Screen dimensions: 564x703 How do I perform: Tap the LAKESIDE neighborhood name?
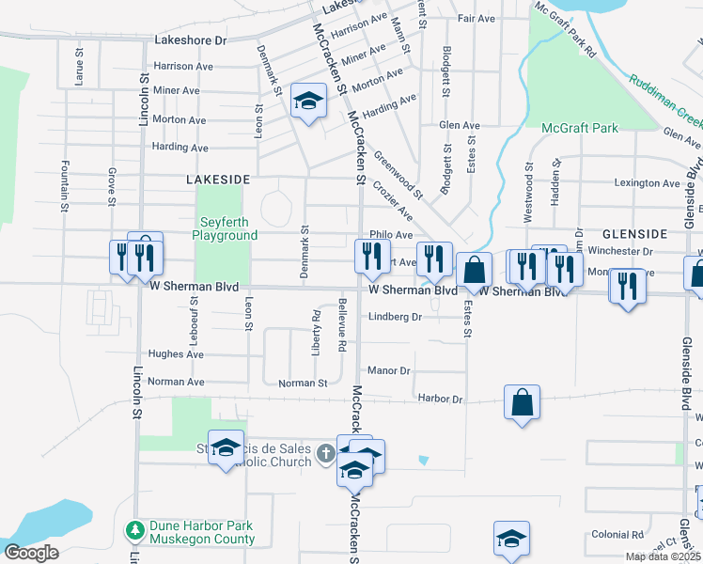pyautogui.click(x=218, y=179)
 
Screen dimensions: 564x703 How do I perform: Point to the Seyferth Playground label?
pyautogui.click(x=225, y=229)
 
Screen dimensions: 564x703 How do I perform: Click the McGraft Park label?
pyautogui.click(x=580, y=127)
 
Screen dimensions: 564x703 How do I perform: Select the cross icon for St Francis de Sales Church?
pyautogui.click(x=325, y=454)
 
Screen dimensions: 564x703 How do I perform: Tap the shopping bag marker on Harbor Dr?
pyautogui.click(x=522, y=403)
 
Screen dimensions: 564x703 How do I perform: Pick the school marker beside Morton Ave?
pyautogui.click(x=307, y=101)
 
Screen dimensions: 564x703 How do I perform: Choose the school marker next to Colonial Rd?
pyautogui.click(x=511, y=539)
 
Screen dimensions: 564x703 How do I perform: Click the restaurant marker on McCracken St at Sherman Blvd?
pyautogui.click(x=371, y=256)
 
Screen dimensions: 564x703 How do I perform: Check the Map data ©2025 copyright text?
pyautogui.click(x=664, y=556)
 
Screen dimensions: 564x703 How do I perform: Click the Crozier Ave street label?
pyautogui.click(x=393, y=201)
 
